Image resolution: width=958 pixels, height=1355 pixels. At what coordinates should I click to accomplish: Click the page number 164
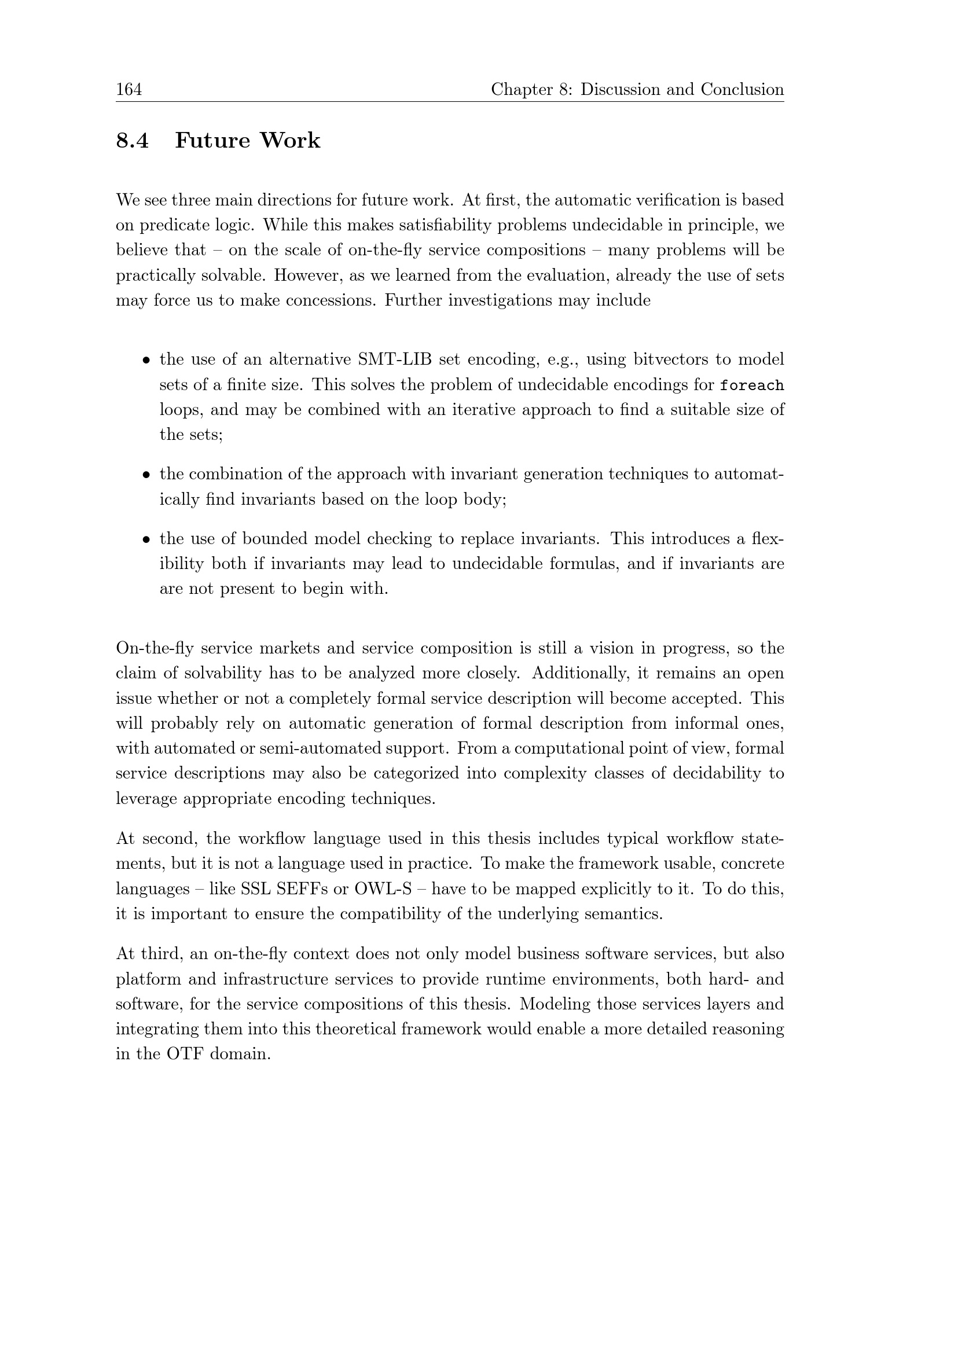129,90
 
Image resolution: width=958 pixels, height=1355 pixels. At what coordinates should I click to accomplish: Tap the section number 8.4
132,141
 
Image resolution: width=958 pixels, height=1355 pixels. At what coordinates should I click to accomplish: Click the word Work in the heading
290,141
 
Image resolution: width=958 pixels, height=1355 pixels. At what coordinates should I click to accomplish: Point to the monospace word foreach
751,386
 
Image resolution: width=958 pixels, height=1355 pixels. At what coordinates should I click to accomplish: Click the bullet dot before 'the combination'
146,475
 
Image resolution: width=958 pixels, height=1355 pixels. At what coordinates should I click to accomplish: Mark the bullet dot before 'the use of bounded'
146,539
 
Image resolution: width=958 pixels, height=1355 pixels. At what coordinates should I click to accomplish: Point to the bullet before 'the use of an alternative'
146,360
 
